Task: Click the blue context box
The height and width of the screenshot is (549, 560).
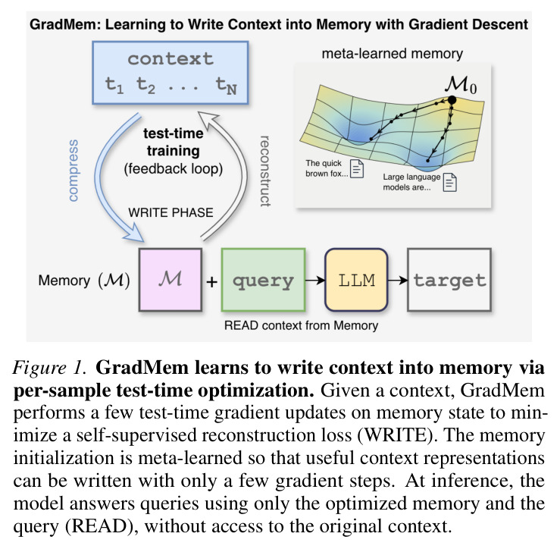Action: point(171,73)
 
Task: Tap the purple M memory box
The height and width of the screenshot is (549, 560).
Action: point(171,280)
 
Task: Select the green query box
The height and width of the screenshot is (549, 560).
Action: point(263,280)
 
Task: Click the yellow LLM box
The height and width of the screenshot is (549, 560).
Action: point(356,280)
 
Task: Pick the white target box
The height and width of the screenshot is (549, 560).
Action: point(449,280)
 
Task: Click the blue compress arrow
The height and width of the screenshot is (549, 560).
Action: point(101,179)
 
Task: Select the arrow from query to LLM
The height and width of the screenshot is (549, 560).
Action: point(315,281)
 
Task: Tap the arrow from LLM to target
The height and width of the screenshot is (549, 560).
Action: point(398,281)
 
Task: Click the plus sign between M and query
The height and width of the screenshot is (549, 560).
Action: point(211,282)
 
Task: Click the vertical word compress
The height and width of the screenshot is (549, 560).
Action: point(74,171)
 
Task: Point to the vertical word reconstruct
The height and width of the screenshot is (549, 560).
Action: point(264,171)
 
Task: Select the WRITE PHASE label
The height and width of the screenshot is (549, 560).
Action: point(171,212)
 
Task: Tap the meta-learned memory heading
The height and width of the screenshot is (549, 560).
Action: point(392,54)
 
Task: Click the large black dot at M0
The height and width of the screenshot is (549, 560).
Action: point(452,100)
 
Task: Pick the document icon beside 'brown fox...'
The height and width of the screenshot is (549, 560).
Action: point(357,168)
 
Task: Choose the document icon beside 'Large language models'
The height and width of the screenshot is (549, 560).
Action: point(449,182)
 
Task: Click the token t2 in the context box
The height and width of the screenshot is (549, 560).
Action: point(145,86)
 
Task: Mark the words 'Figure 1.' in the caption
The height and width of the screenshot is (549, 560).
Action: point(50,368)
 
